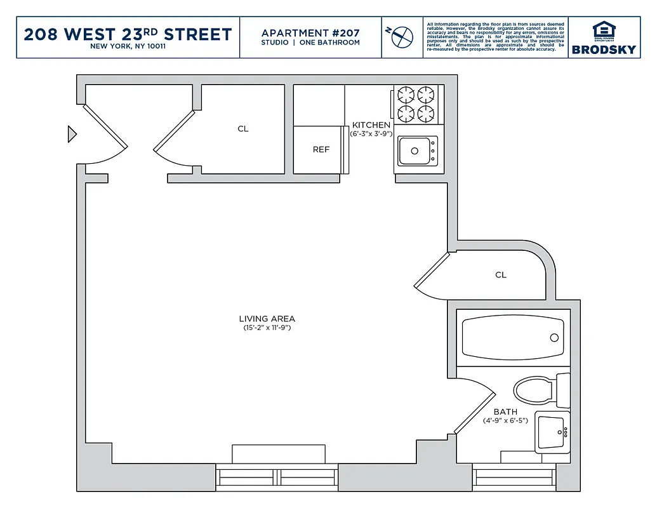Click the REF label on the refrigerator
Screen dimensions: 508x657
point(321,150)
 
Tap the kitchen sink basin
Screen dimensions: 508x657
point(416,151)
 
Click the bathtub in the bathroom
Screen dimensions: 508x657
point(512,338)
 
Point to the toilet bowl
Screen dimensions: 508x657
point(534,390)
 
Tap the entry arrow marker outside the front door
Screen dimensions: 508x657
point(72,134)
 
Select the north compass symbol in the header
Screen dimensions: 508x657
point(399,36)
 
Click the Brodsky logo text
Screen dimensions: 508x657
point(604,50)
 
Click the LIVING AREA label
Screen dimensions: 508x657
point(267,319)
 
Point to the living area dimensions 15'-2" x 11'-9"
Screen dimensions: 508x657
point(267,328)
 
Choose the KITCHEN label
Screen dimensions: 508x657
point(371,125)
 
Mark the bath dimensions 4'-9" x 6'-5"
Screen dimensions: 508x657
point(505,420)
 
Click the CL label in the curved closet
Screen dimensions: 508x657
point(501,275)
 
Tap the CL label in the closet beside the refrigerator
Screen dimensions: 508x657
point(243,129)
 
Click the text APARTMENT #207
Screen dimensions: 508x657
point(310,33)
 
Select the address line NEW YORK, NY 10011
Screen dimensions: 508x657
point(128,46)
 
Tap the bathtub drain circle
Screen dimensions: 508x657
point(553,338)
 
